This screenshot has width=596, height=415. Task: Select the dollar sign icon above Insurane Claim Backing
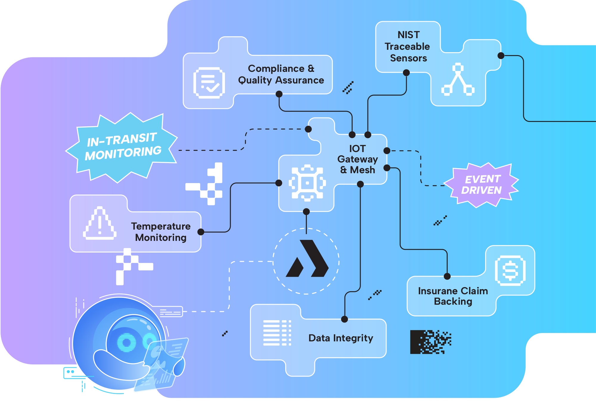[510, 270]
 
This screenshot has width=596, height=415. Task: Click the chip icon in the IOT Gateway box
[307, 182]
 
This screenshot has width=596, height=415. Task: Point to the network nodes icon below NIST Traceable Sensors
[458, 80]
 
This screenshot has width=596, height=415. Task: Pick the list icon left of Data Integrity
[277, 333]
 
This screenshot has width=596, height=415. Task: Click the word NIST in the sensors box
[409, 35]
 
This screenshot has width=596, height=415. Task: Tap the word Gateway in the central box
[357, 159]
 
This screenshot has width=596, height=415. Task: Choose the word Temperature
[161, 226]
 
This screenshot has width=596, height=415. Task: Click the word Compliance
[276, 69]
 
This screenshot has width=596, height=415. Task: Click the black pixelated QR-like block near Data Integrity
[431, 342]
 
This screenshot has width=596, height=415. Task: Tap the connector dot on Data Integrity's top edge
[344, 319]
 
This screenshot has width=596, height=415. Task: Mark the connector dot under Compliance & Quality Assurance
[279, 94]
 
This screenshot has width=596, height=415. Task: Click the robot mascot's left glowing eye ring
[127, 343]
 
